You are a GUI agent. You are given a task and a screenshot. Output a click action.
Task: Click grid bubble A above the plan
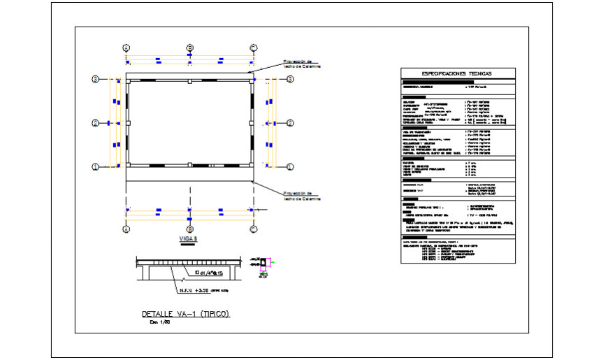126,48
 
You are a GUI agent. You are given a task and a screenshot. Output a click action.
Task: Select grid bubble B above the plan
189,48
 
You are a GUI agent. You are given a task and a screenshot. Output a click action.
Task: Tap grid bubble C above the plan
254,48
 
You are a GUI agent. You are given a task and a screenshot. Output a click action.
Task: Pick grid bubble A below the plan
126,229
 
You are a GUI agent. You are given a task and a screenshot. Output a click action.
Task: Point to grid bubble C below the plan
254,229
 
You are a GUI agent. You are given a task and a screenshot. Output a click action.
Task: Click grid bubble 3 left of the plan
95,80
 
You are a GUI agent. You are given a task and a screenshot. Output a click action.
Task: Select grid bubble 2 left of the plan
95,123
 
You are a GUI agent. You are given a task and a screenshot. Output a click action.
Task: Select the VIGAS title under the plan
189,239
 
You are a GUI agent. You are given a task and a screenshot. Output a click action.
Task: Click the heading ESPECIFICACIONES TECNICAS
457,73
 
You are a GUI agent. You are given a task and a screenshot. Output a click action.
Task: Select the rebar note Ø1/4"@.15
209,273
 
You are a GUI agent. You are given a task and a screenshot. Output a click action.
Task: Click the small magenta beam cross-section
264,264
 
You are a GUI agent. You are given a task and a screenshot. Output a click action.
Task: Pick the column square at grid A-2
128,123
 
